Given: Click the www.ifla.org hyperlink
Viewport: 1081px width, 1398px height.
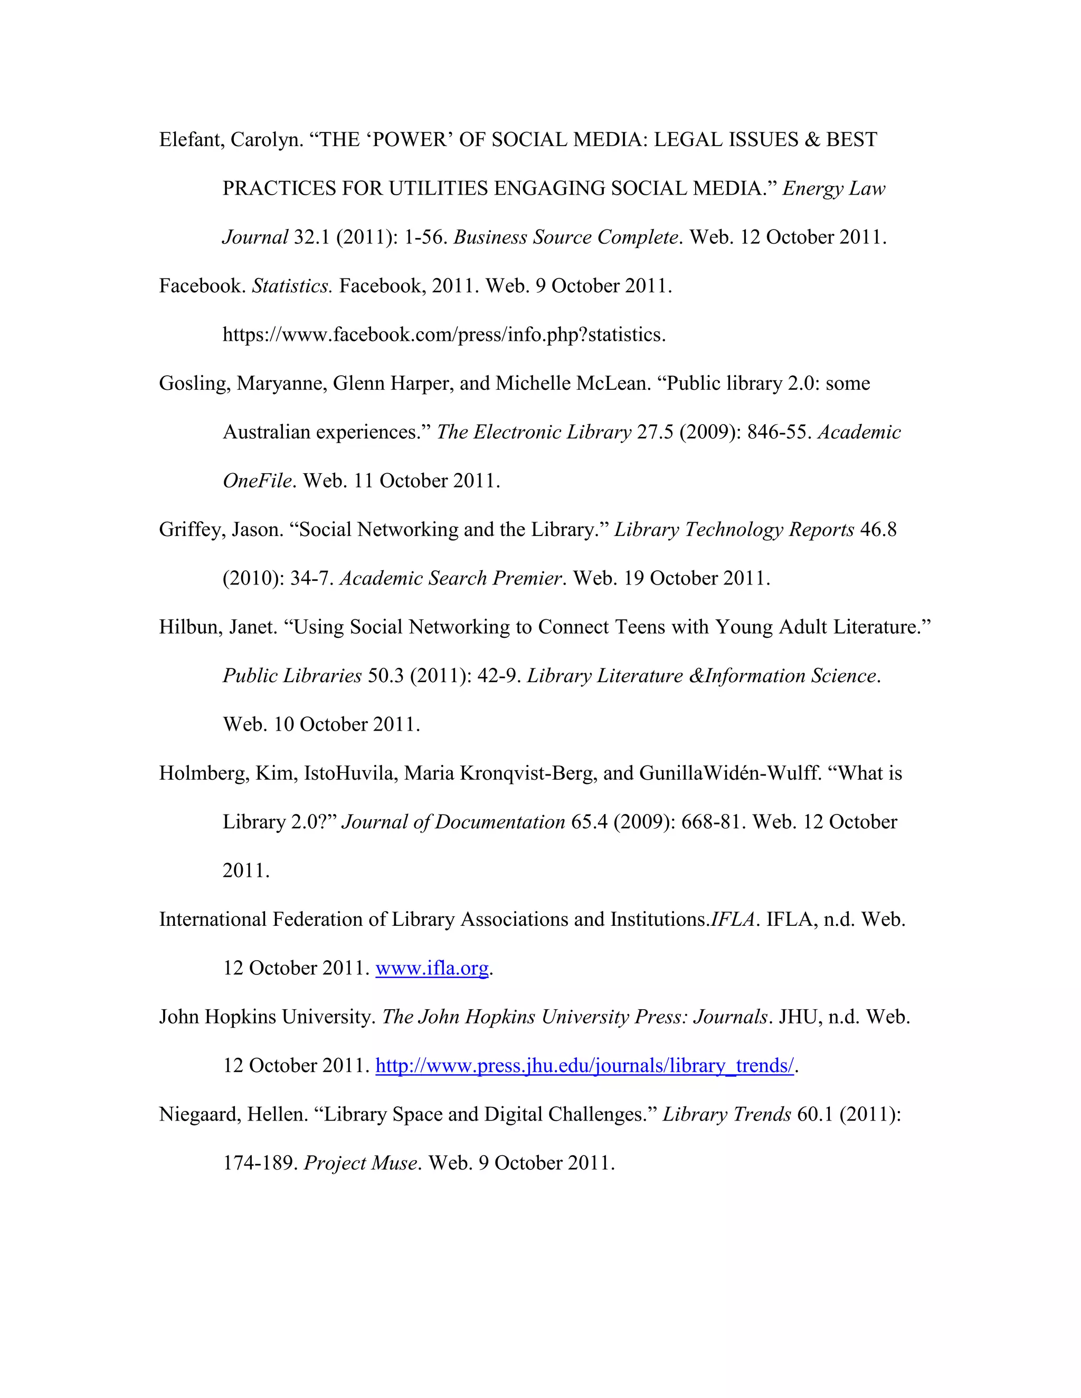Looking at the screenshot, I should [x=432, y=968].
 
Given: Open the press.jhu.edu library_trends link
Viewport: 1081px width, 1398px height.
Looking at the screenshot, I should [x=584, y=1065].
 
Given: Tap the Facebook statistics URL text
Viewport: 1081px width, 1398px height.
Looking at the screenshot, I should [x=444, y=335].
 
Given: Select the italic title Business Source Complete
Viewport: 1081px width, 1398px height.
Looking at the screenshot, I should [x=565, y=237].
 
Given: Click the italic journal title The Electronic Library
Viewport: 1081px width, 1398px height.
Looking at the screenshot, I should [x=534, y=432].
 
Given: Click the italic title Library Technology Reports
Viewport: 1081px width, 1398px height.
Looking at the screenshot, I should [x=734, y=530].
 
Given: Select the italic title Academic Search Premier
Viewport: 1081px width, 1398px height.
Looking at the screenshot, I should [x=450, y=579].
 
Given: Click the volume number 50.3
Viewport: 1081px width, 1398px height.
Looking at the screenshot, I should [x=385, y=676].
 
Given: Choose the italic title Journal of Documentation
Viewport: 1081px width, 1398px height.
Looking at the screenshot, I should [x=453, y=822].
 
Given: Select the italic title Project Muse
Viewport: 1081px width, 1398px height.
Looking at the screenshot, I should [x=362, y=1163].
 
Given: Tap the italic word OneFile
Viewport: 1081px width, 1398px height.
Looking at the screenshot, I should [x=257, y=481].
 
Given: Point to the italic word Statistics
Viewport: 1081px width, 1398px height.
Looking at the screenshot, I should [x=291, y=286].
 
